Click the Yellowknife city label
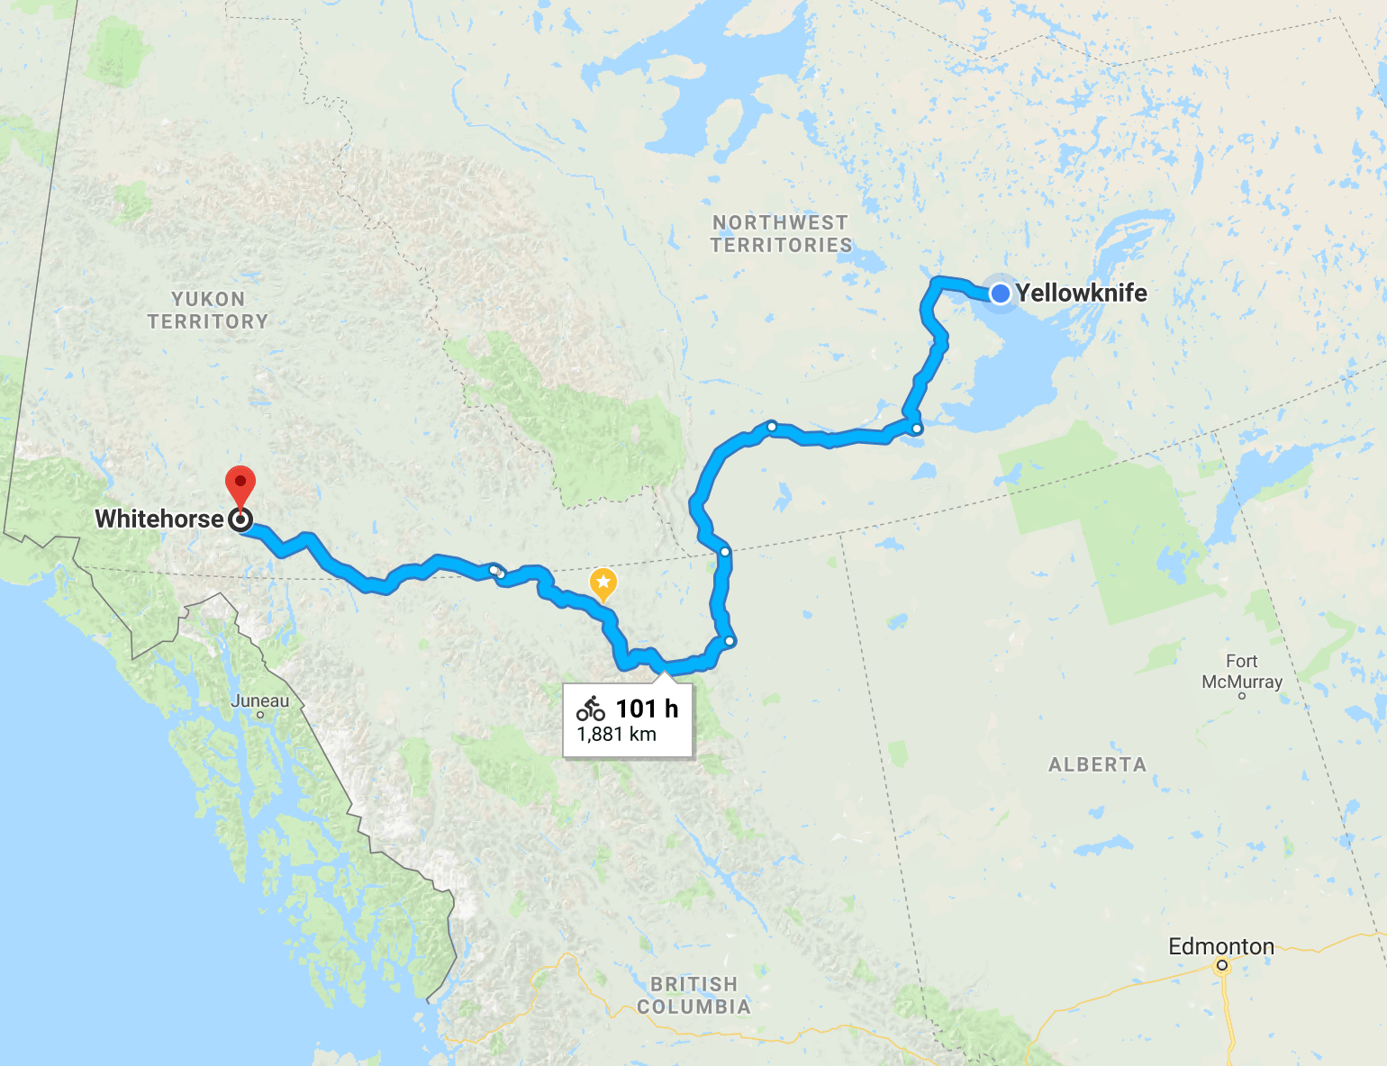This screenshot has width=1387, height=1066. [x=1081, y=293]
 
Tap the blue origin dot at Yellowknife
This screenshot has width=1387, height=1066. [x=1000, y=294]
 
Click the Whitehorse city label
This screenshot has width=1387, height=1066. [x=159, y=519]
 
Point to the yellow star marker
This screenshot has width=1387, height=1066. [x=603, y=583]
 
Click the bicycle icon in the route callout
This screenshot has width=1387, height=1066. [x=591, y=709]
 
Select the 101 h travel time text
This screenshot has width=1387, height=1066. [x=647, y=709]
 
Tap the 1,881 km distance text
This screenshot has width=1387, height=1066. [x=617, y=734]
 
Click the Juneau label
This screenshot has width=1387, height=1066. [x=260, y=700]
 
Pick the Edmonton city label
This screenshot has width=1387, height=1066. [x=1220, y=946]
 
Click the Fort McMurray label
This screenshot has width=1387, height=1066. [x=1242, y=672]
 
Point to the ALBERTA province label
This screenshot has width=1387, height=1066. [x=1097, y=764]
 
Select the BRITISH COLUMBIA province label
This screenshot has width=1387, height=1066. [x=693, y=995]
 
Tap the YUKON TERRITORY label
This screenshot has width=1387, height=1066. [x=208, y=310]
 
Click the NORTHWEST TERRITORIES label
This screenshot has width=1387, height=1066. [x=781, y=233]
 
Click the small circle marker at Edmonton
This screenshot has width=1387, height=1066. [x=1222, y=966]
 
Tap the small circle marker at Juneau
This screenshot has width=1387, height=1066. [x=260, y=715]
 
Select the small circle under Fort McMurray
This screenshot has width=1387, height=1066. [x=1242, y=695]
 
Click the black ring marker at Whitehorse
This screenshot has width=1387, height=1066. [x=240, y=519]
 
